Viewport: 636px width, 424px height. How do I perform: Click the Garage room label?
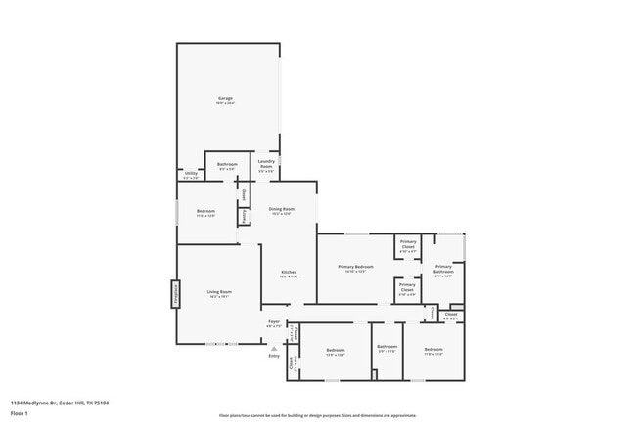226,99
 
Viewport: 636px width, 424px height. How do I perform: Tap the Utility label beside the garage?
191,175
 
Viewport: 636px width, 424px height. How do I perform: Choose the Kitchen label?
289,273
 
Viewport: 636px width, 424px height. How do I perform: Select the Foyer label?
274,322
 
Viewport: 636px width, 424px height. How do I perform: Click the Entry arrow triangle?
274,346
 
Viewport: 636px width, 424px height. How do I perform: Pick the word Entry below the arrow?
274,355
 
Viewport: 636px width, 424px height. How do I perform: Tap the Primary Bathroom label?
443,269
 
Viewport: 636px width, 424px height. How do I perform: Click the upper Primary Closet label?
407,246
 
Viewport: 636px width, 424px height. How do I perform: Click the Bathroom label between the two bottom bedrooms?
386,348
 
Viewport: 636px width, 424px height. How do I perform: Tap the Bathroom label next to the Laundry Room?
227,166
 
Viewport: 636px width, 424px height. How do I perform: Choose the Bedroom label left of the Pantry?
205,213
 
